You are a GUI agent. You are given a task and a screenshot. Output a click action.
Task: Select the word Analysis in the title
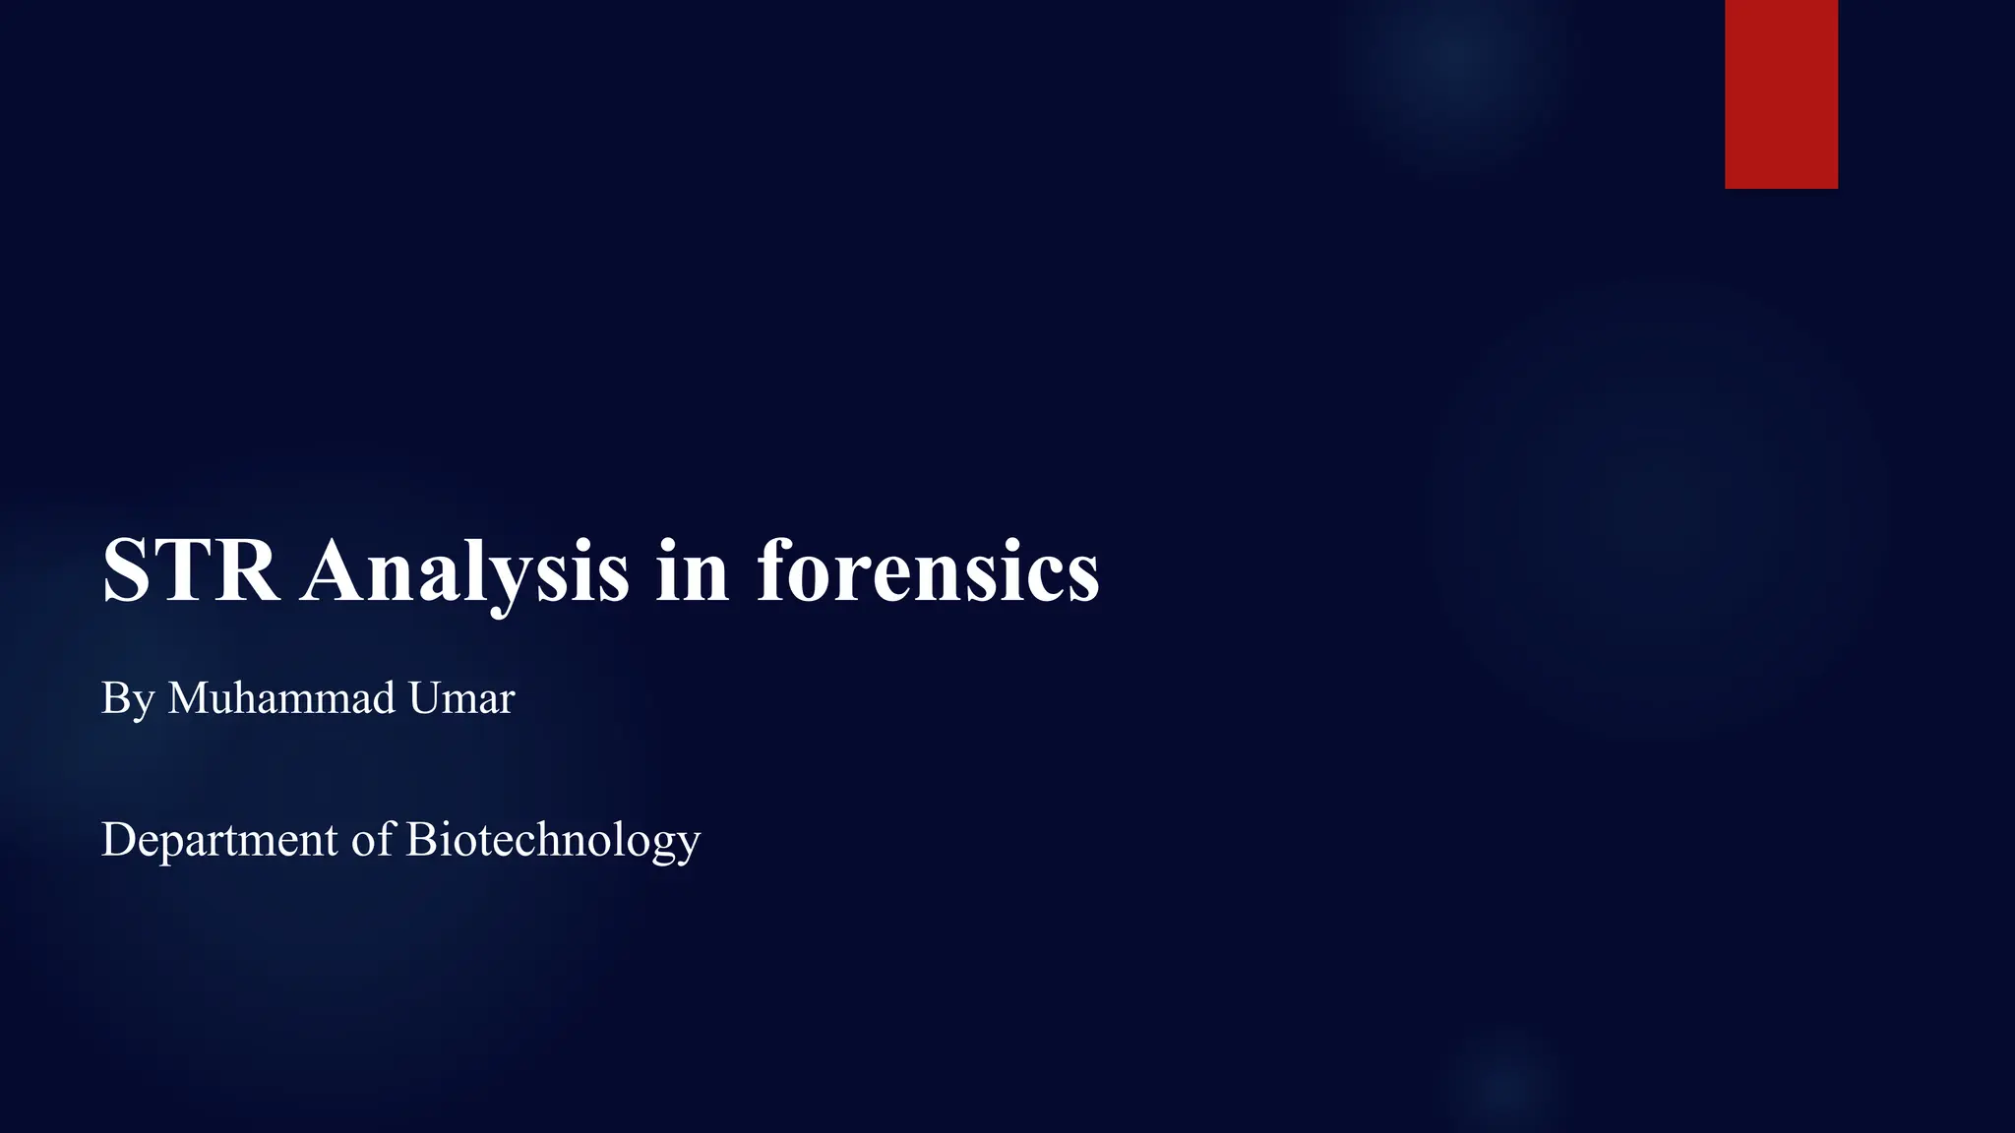tap(464, 571)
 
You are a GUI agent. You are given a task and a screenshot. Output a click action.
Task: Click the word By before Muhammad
tap(128, 699)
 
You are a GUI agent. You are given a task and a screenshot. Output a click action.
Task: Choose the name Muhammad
tap(281, 697)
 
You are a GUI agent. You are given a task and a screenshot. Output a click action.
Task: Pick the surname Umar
tap(461, 697)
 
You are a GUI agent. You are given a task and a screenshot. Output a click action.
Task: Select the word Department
tap(219, 841)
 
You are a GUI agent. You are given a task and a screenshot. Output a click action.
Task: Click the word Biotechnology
tap(553, 841)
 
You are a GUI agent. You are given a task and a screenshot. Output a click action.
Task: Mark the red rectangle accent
tap(1781, 93)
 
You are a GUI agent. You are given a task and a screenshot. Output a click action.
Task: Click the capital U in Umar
tap(425, 697)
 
